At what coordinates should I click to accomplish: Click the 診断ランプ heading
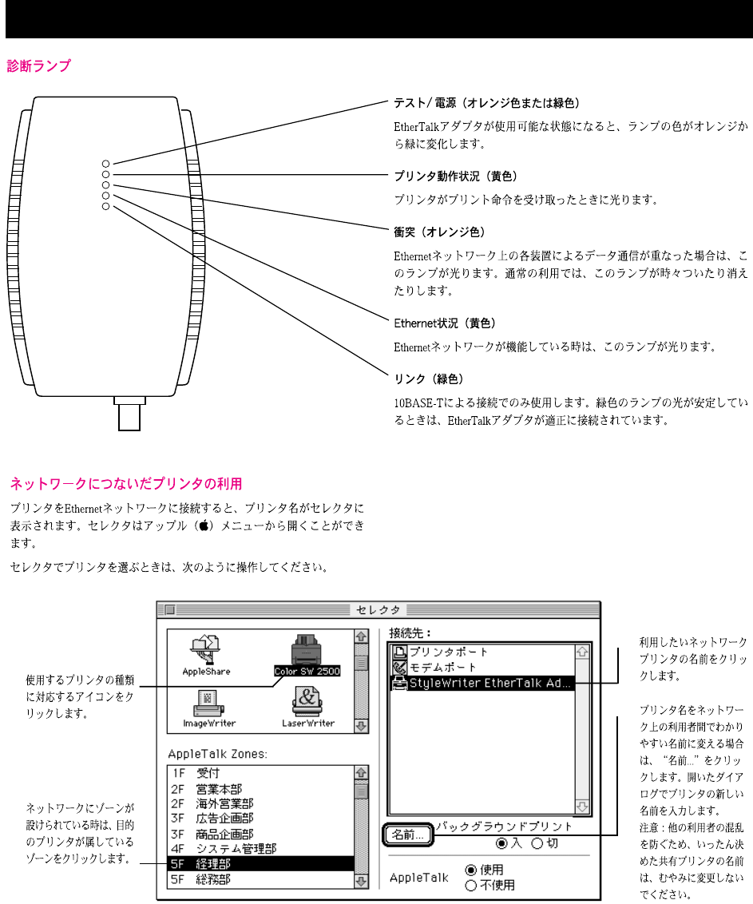coord(39,66)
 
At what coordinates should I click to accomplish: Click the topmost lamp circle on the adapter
coord(105,163)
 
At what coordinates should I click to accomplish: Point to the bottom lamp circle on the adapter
coord(105,207)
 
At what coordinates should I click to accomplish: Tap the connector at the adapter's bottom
coord(128,414)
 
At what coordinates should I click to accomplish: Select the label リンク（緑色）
coord(429,378)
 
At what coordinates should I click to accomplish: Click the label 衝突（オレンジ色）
coord(439,232)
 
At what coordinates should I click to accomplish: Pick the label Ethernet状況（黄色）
coord(445,323)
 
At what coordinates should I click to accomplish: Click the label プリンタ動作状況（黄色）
coord(457,174)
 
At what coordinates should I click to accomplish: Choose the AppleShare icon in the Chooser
coord(206,655)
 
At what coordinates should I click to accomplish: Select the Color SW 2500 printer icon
coord(307,655)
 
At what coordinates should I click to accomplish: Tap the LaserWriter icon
coord(307,707)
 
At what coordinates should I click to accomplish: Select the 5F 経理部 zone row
coord(260,864)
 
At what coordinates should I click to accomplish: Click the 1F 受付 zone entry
coord(260,773)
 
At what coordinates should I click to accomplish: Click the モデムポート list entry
coord(443,668)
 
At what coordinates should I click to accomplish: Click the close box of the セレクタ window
coord(169,610)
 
